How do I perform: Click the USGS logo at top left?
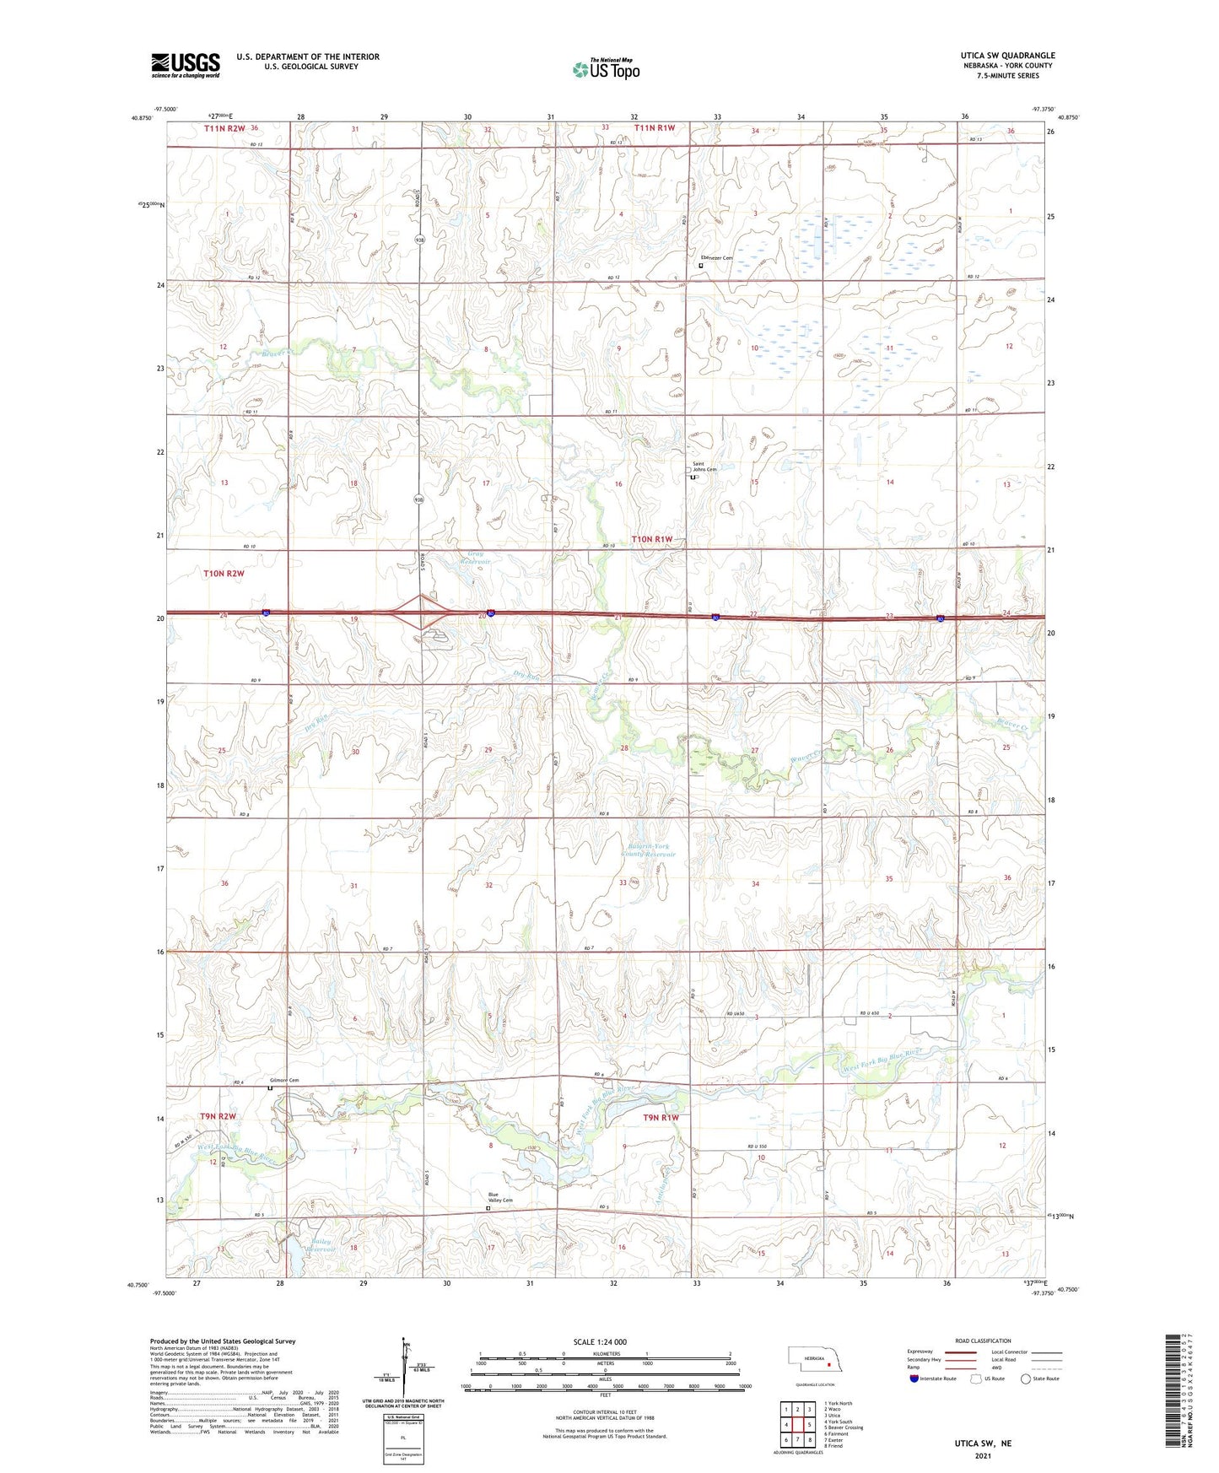coord(185,65)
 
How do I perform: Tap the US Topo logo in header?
coord(606,68)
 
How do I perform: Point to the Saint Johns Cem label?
coord(704,467)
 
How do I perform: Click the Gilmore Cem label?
coord(284,1080)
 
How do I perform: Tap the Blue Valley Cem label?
coord(500,1197)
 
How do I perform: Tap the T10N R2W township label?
coord(224,574)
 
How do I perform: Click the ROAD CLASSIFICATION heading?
coord(983,1341)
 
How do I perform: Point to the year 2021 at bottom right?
coord(982,1456)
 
